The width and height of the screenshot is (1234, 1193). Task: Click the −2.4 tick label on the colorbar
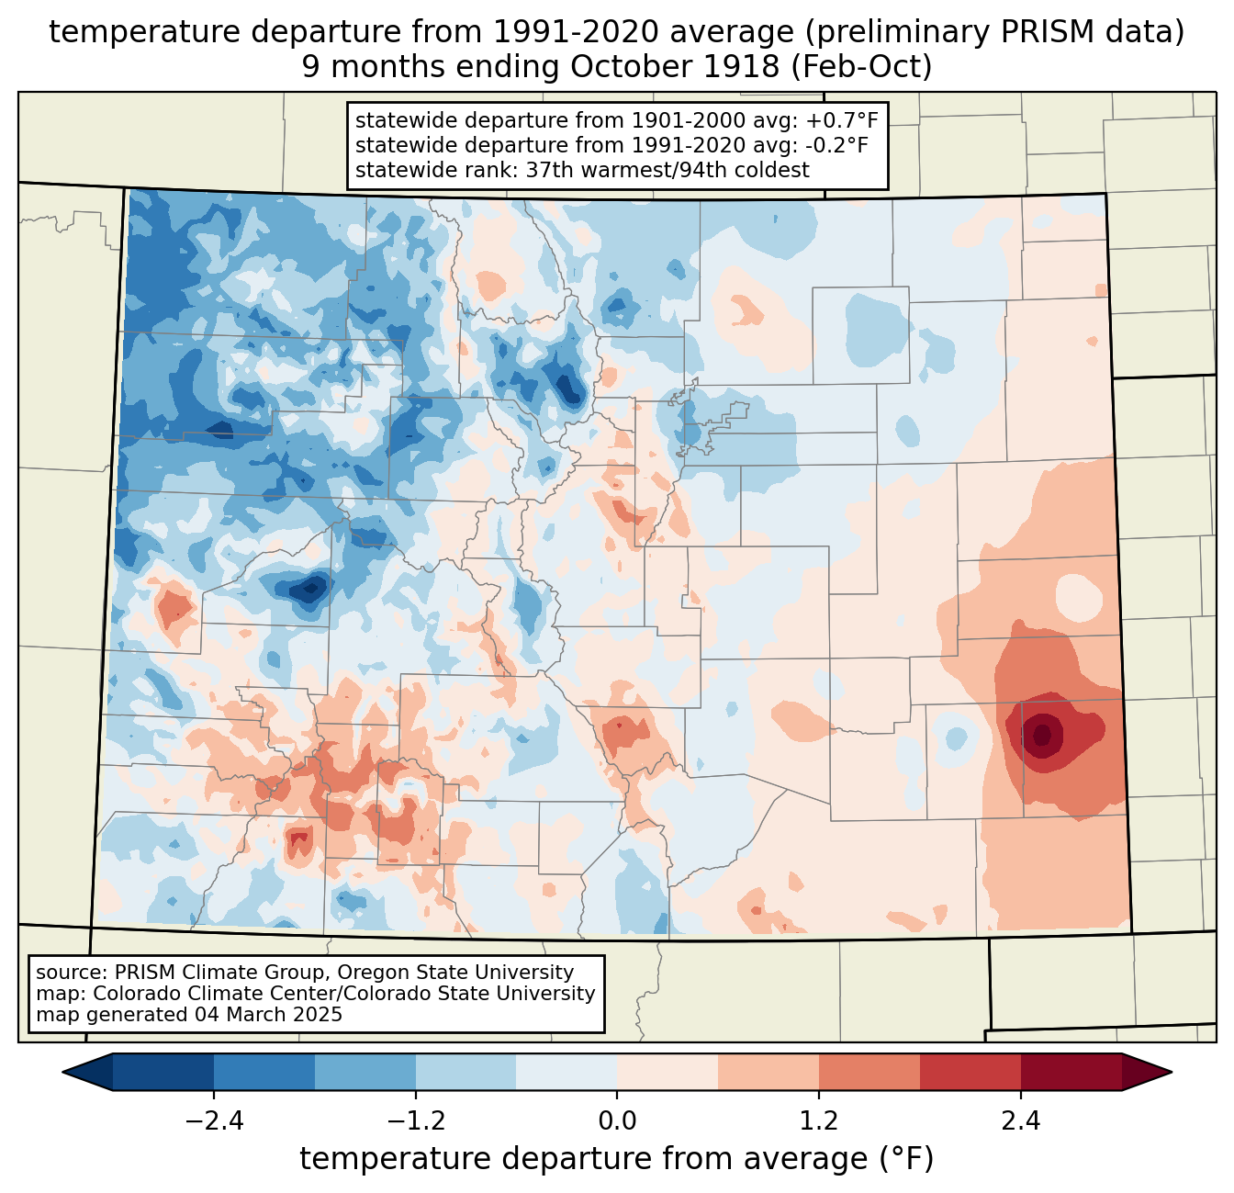pos(214,1120)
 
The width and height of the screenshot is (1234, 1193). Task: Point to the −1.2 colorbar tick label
pos(416,1120)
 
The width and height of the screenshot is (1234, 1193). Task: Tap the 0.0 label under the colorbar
pos(617,1120)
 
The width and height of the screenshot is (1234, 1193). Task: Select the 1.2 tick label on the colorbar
pos(819,1120)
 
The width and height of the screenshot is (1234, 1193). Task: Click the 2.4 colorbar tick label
pos(1021,1120)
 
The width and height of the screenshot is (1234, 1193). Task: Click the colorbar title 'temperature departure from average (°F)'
pos(617,1159)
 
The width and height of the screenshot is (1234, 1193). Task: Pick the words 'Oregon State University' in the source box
pos(456,973)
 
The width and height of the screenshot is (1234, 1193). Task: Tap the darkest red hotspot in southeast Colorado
pos(1042,736)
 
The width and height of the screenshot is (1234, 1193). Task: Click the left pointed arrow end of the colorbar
pos(87,1072)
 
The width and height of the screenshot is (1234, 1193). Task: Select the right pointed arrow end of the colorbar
pos(1147,1072)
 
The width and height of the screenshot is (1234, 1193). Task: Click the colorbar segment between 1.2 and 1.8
pos(869,1072)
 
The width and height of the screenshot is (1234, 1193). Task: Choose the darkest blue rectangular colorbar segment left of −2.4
pos(163,1072)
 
